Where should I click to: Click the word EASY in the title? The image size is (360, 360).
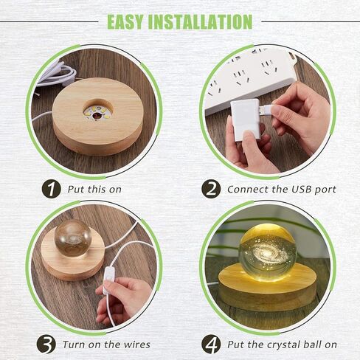[x=125, y=22]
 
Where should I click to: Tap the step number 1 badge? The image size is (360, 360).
[x=51, y=189]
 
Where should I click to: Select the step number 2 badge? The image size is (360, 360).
[x=211, y=189]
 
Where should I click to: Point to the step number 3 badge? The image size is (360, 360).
[x=46, y=344]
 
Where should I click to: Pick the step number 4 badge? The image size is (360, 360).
[x=211, y=344]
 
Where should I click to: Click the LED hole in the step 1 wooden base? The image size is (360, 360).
[x=98, y=111]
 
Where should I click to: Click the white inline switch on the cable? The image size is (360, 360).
[x=108, y=280]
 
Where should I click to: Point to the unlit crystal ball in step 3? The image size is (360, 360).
[x=73, y=238]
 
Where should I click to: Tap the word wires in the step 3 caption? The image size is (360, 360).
[x=137, y=345]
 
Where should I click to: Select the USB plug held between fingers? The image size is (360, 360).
[x=267, y=109]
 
